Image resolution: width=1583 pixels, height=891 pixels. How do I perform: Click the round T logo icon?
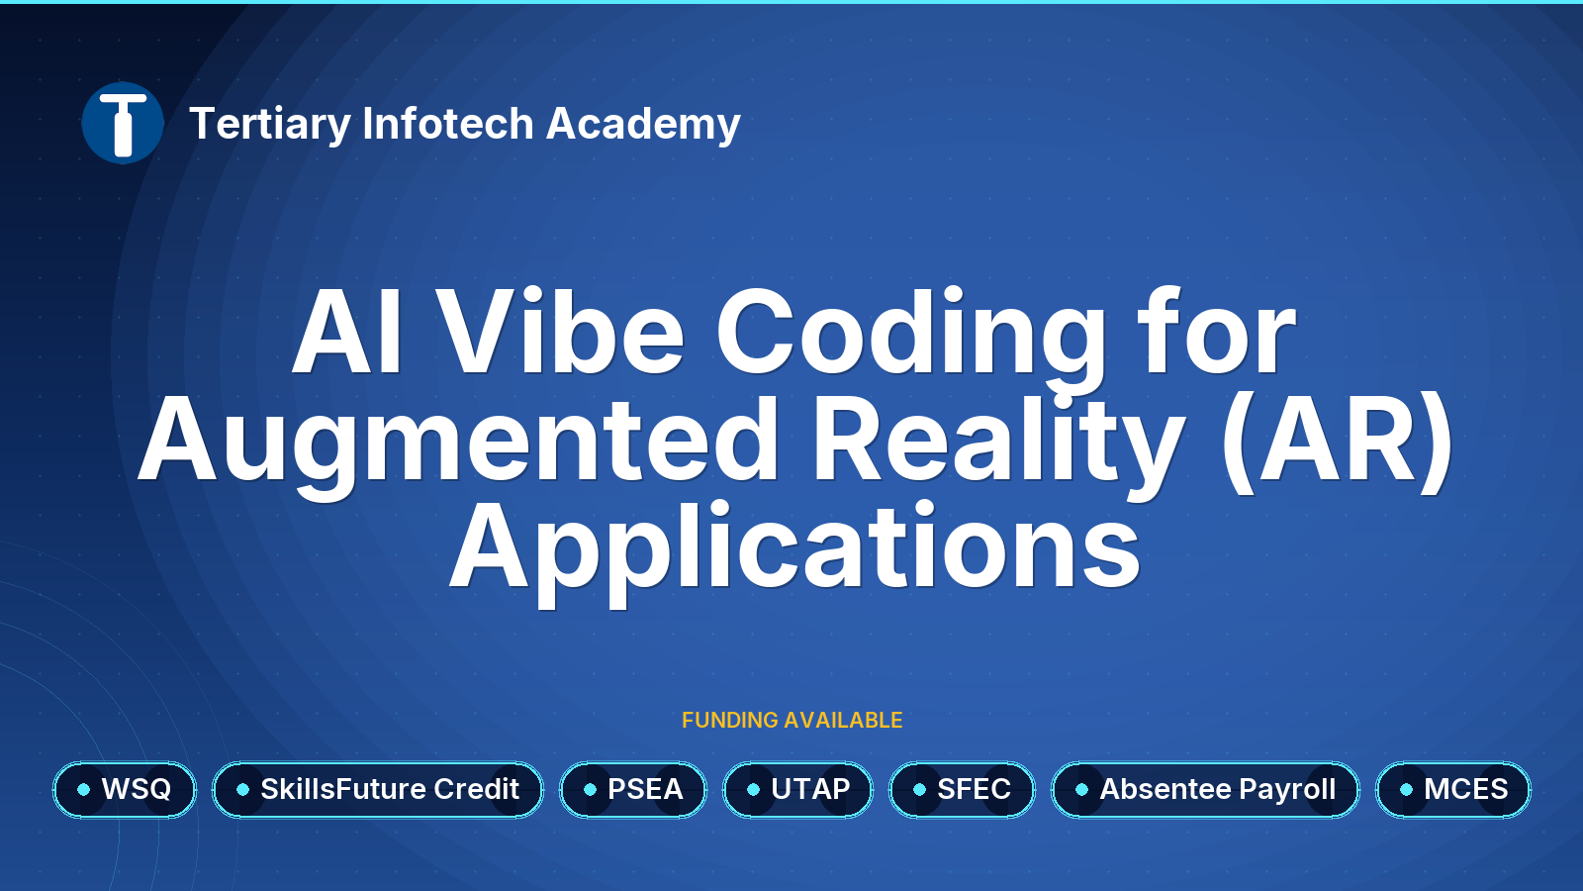(x=123, y=123)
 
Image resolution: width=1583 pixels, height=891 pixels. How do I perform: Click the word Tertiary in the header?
(x=270, y=125)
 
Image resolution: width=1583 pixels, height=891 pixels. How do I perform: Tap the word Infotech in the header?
(x=448, y=123)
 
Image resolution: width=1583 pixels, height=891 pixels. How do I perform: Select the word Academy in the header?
(x=643, y=125)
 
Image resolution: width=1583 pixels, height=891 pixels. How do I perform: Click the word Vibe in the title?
(x=559, y=331)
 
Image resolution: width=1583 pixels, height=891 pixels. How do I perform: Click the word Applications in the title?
(x=795, y=553)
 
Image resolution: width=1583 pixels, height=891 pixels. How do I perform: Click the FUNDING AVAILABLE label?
(x=792, y=720)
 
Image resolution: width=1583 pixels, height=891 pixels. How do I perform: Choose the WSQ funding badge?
(x=125, y=789)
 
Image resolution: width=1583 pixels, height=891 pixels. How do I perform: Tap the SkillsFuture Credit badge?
(x=378, y=789)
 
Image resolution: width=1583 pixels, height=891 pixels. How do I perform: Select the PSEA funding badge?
(x=633, y=789)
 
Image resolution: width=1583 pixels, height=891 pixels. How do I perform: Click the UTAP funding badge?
(x=797, y=789)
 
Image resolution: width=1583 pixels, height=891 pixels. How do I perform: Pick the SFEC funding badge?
(x=962, y=789)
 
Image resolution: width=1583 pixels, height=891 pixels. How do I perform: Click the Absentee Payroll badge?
(x=1206, y=789)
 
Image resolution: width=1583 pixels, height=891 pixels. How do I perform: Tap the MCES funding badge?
(x=1453, y=789)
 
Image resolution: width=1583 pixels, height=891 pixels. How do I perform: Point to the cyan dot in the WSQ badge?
(x=83, y=789)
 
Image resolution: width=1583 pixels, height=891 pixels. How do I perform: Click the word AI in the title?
(x=347, y=331)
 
